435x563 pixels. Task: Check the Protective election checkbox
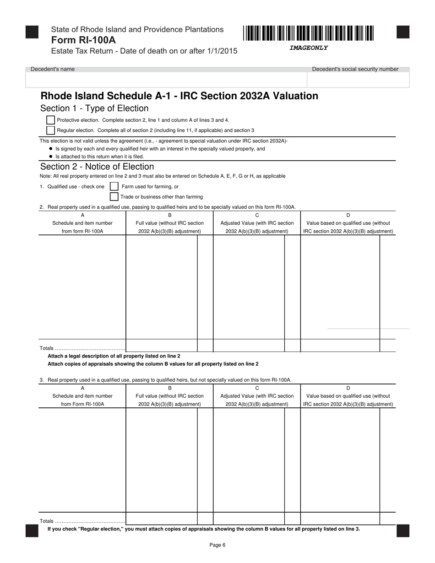[51, 120]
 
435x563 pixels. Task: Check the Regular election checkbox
[51, 130]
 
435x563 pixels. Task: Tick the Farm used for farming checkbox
[114, 186]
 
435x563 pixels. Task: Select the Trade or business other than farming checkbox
[114, 196]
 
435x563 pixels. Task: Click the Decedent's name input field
[166, 80]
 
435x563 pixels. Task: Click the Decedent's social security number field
[358, 80]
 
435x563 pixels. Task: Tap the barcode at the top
[308, 33]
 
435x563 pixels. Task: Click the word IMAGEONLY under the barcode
[308, 48]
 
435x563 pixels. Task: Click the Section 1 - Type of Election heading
[94, 108]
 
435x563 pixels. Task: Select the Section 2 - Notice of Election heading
[97, 167]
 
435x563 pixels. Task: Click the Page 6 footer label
[217, 545]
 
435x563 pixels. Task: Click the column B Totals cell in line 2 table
[161, 346]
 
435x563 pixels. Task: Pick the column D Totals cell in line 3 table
[340, 519]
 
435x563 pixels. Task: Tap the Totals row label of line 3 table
[47, 521]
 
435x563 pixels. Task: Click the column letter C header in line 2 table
[257, 215]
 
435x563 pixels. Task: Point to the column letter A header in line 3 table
[82, 388]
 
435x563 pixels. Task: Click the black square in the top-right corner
[402, 32]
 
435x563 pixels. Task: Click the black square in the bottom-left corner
[32, 531]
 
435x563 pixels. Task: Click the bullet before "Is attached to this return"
[50, 157]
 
